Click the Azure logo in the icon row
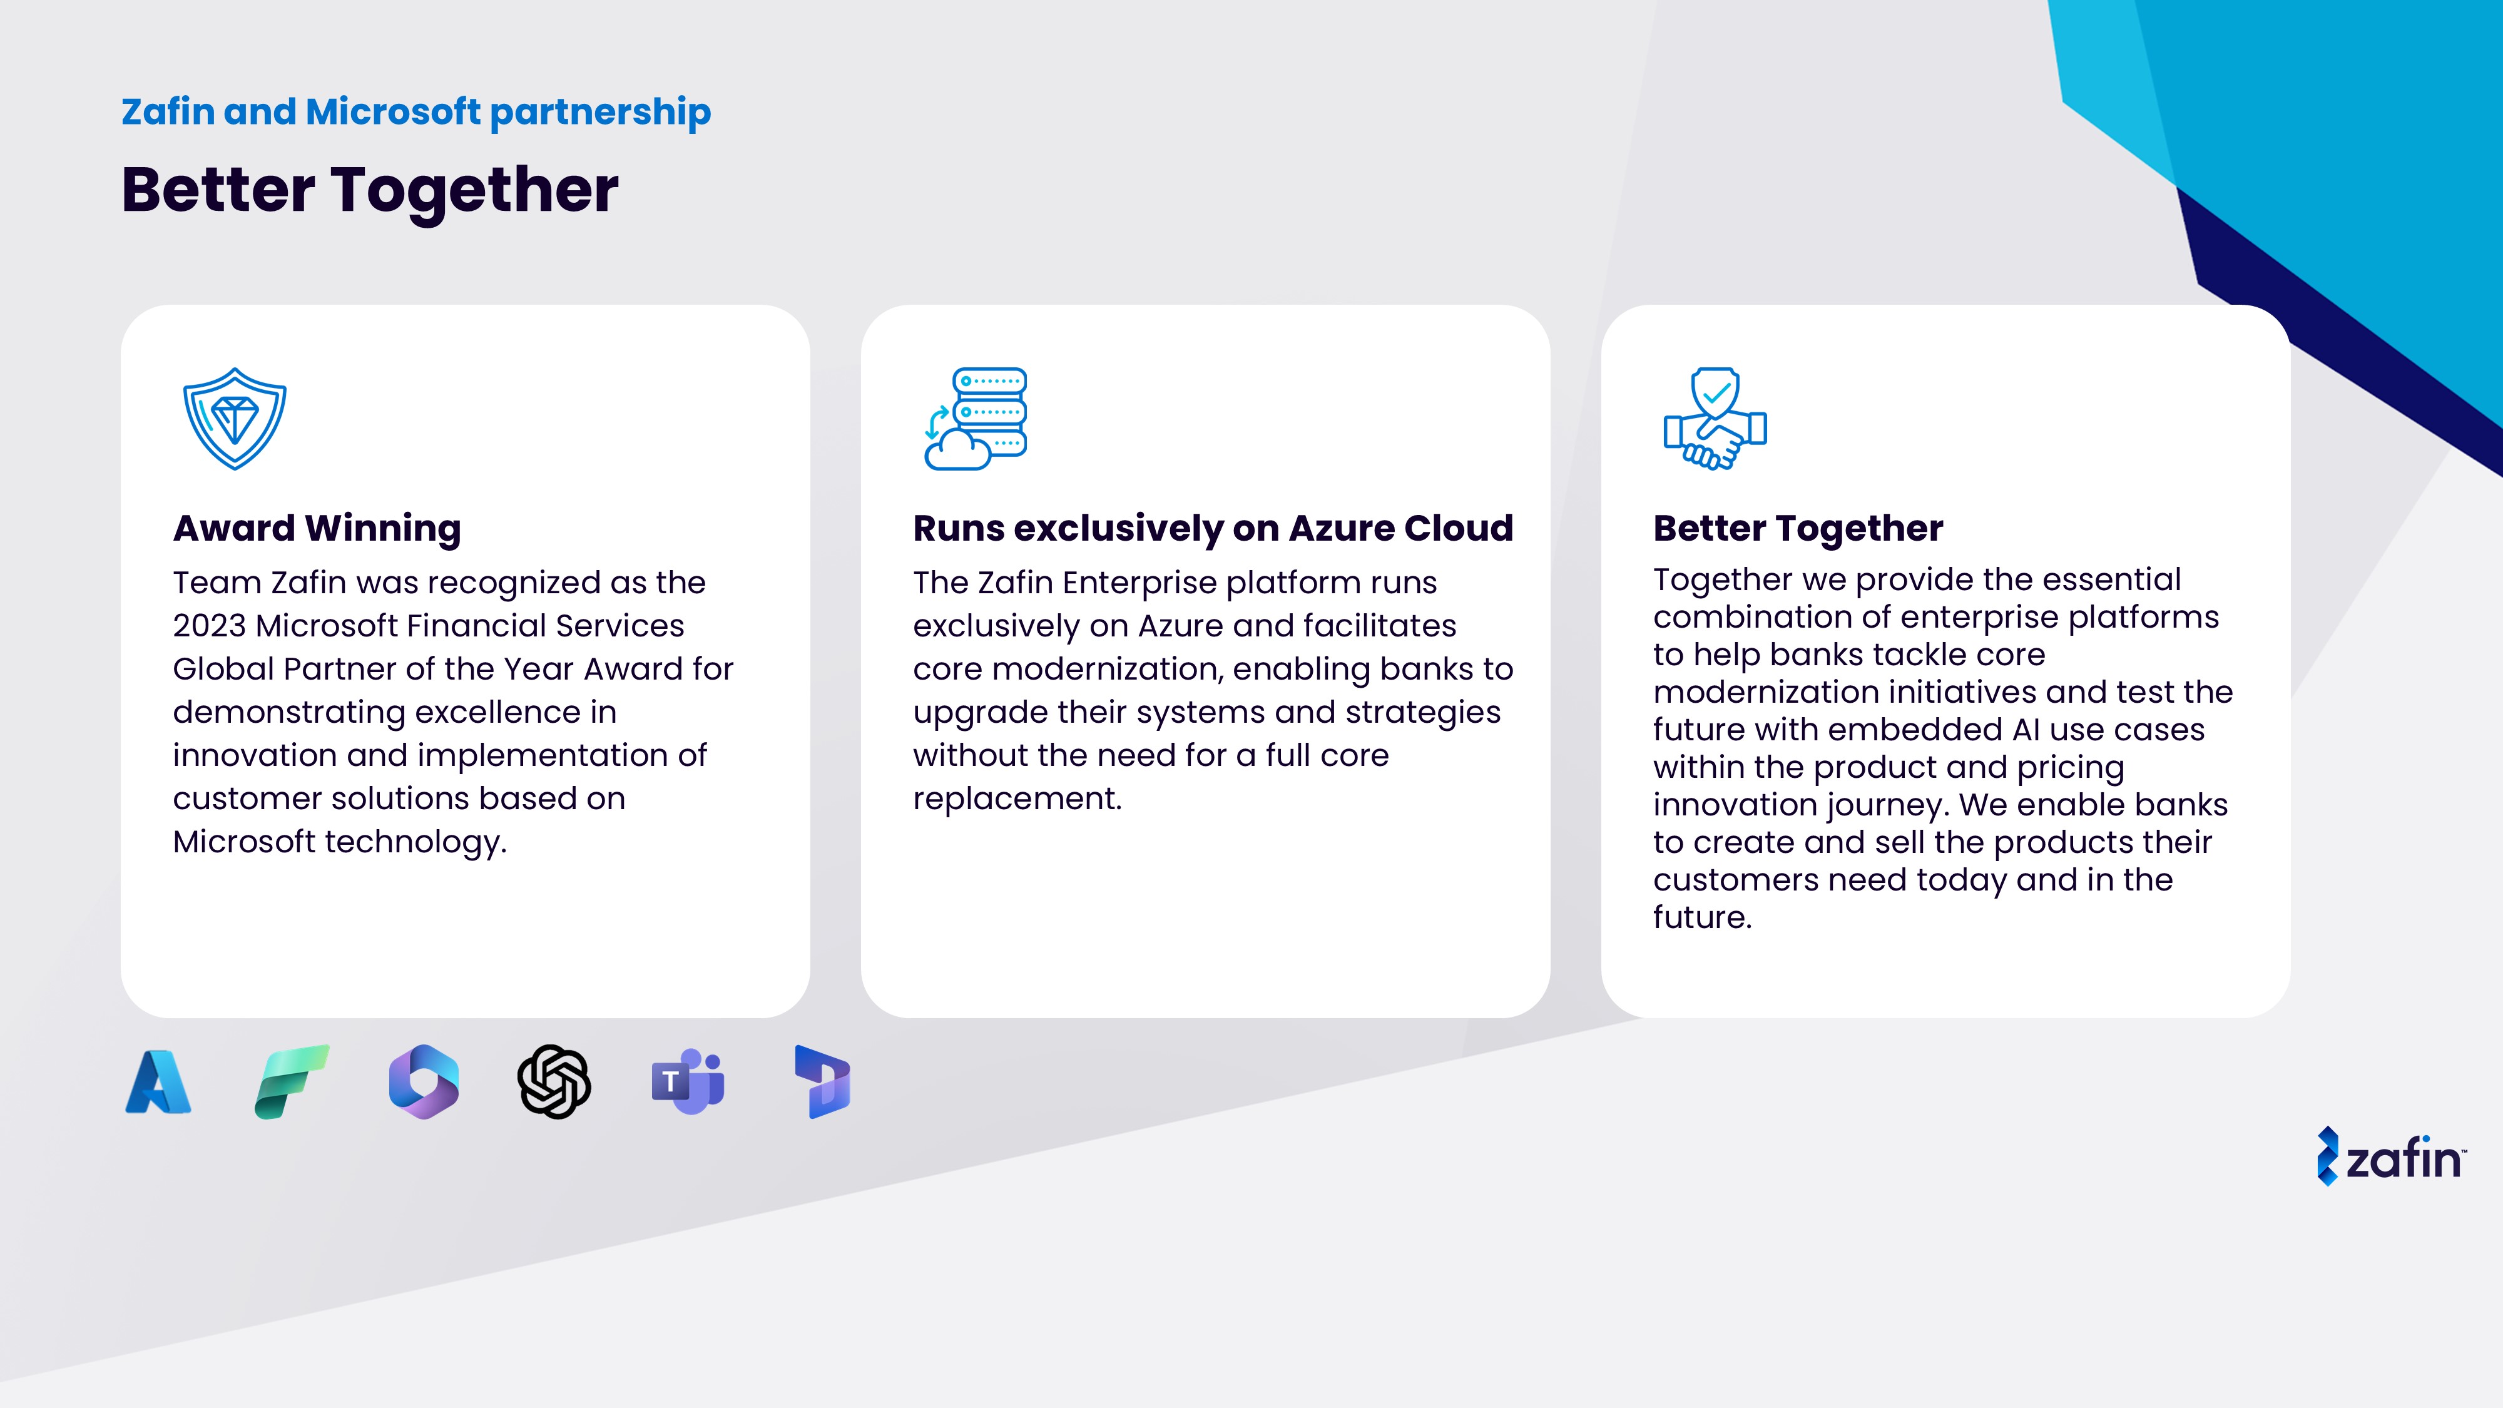click(158, 1081)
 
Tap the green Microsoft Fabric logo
click(292, 1081)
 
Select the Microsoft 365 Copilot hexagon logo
click(424, 1081)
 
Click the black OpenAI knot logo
click(554, 1081)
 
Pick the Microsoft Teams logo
click(688, 1081)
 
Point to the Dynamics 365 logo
click(823, 1081)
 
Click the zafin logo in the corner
click(2391, 1156)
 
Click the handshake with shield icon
click(1715, 419)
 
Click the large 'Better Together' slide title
click(369, 190)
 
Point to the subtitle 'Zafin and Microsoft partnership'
click(416, 113)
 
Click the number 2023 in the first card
click(210, 626)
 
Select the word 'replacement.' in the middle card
click(1017, 798)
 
